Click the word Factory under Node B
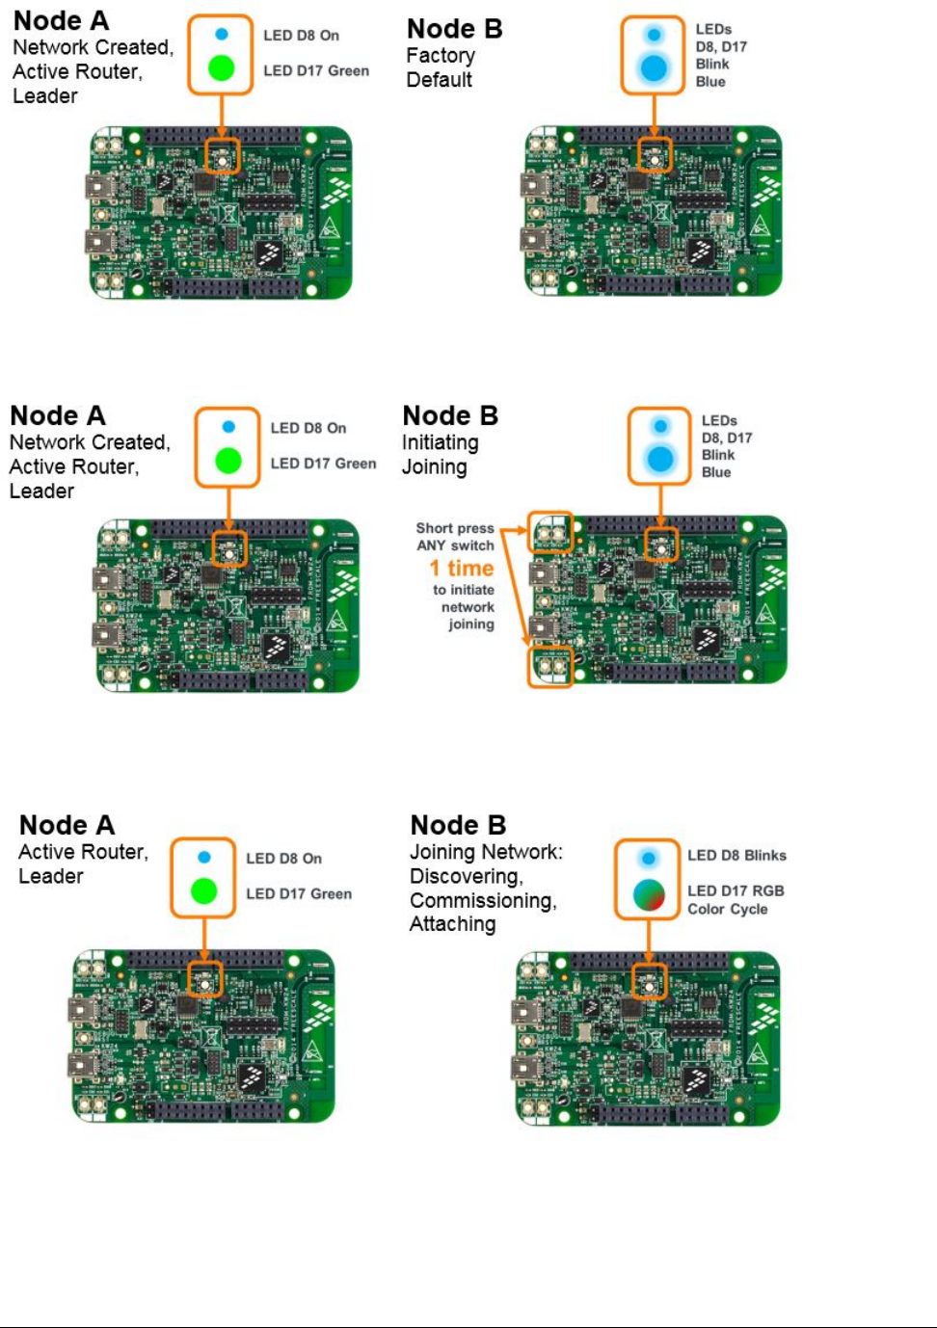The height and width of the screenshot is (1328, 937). [x=441, y=56]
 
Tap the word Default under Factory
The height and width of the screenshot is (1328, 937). [x=439, y=80]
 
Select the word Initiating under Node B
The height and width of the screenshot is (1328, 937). [x=440, y=442]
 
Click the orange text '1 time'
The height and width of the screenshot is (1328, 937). [x=462, y=568]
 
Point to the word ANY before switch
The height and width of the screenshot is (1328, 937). [x=431, y=545]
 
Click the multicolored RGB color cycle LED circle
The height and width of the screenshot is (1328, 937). [x=649, y=895]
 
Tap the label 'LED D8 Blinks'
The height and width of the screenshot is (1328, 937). [x=736, y=856]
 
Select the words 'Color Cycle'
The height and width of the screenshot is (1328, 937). [x=727, y=909]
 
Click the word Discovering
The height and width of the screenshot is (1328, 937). [x=466, y=876]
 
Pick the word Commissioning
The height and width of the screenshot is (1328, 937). [x=482, y=900]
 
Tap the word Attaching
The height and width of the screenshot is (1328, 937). [x=452, y=924]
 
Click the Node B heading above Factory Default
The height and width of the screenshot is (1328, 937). [x=454, y=29]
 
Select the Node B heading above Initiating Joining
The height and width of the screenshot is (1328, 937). [x=450, y=415]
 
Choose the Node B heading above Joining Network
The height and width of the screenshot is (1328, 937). [x=458, y=825]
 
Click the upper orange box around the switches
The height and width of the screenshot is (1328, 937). [x=550, y=532]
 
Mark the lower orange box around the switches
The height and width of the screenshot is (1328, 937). [x=550, y=666]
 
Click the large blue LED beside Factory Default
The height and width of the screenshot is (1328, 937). [x=654, y=68]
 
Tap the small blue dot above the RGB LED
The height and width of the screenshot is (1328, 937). [x=648, y=858]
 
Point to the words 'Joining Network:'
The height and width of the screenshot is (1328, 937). [x=486, y=852]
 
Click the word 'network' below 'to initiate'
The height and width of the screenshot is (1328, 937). [x=468, y=607]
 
